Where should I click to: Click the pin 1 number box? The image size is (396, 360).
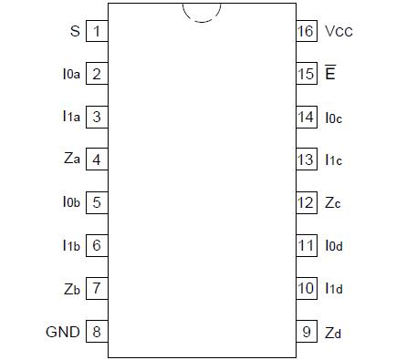tap(96, 31)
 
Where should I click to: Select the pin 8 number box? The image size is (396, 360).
tap(96, 331)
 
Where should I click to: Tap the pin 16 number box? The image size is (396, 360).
tap(305, 31)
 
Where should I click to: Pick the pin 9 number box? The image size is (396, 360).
tap(305, 331)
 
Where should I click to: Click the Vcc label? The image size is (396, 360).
tap(339, 31)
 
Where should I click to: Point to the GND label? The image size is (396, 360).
tap(63, 331)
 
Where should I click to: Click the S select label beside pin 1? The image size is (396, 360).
tap(75, 31)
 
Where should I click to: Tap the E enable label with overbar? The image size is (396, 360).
tap(329, 73)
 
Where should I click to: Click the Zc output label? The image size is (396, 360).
tap(333, 202)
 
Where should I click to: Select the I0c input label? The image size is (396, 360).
tap(334, 117)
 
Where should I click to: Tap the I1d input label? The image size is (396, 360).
tap(334, 288)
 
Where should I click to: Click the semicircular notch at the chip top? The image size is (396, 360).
tap(201, 12)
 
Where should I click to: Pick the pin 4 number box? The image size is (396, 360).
tap(96, 159)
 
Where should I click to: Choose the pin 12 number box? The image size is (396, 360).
tap(305, 202)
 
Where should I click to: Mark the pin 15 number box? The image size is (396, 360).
tap(305, 74)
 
